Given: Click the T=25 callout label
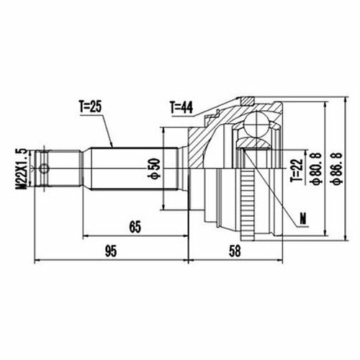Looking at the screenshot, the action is click(91, 107).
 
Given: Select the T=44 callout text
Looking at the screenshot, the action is click(181, 107).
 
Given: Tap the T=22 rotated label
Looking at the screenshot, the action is click(297, 170).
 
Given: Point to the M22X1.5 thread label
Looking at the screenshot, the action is click(21, 169).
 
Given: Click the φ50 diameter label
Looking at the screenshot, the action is click(154, 168).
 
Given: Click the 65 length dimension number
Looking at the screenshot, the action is click(135, 227).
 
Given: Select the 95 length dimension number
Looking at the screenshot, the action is click(111, 251).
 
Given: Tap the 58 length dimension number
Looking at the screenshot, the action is click(235, 251).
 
